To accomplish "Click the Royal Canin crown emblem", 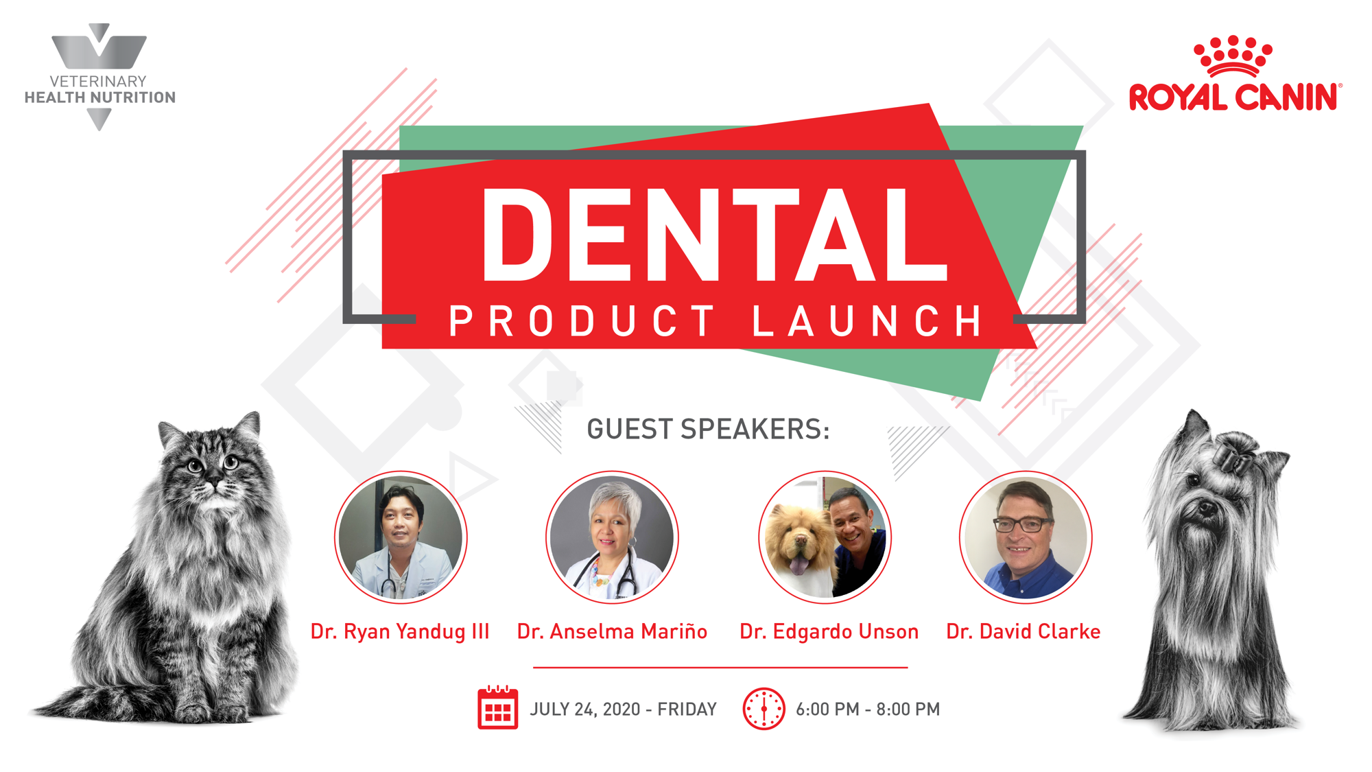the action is [1233, 56].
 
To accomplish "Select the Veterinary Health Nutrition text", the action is [100, 89].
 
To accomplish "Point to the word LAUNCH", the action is [867, 321].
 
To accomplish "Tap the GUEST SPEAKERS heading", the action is [708, 429].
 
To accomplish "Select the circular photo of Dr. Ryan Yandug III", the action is [401, 537].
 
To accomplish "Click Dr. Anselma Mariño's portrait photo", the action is [612, 537].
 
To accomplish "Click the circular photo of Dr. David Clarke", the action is [1026, 537].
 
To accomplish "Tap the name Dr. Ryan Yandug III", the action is [400, 631].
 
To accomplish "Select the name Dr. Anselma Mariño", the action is [612, 631].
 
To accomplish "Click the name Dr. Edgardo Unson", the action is [829, 631].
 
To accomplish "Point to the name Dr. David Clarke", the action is [1023, 631].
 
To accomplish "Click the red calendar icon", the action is [498, 707].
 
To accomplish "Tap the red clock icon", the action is [764, 709].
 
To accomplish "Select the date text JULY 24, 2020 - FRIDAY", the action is [623, 710].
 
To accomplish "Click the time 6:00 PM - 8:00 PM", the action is [868, 710].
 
